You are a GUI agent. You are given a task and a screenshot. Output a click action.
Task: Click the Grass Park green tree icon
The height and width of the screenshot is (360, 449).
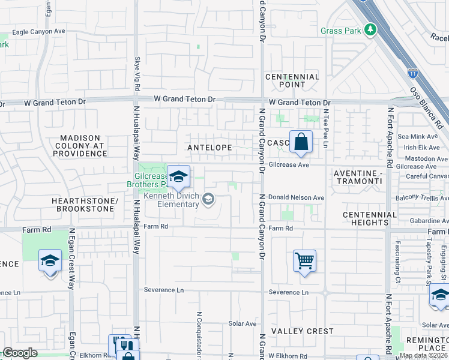(371, 29)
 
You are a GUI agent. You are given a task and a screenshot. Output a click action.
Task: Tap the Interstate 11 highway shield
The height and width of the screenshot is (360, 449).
(413, 73)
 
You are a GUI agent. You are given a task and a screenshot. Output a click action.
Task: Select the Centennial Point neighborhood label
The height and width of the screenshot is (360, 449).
(292, 80)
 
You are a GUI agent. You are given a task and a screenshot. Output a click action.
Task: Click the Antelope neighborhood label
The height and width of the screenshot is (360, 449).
(209, 148)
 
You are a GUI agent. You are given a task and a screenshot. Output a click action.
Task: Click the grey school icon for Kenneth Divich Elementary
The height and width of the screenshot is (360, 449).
(208, 198)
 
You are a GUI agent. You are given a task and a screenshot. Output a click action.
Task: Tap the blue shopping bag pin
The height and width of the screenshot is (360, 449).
(301, 143)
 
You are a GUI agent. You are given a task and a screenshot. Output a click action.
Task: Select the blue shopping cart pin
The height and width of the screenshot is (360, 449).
(305, 261)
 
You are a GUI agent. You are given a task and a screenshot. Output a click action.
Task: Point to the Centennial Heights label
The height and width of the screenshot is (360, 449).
(370, 218)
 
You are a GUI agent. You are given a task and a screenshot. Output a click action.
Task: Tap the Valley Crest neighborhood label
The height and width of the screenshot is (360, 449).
(302, 331)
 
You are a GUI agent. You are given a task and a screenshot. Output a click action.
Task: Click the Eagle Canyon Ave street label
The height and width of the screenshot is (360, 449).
(38, 32)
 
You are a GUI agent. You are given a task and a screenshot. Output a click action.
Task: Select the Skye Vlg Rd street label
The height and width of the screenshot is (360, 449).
(137, 72)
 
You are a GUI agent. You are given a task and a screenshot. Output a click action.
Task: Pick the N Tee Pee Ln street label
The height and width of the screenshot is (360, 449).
(326, 128)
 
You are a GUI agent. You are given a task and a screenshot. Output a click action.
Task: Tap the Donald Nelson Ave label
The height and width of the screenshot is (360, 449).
(296, 197)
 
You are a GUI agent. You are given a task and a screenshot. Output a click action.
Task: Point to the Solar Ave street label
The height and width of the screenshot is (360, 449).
(243, 323)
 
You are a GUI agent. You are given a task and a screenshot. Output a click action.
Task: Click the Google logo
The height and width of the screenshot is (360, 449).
(19, 353)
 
